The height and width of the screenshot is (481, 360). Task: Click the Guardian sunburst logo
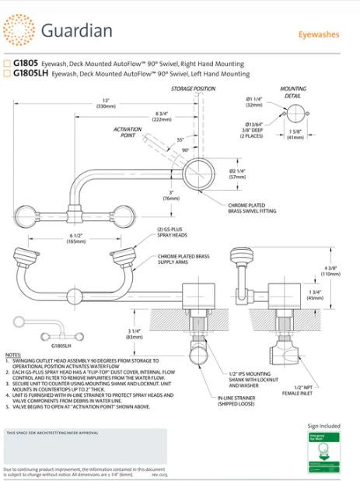coord(19,32)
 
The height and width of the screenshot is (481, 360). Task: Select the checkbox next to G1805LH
coord(8,74)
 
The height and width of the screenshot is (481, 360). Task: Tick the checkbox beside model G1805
coord(8,64)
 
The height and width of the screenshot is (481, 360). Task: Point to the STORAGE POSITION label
coord(193,90)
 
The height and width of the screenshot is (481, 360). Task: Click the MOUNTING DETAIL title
coord(293,93)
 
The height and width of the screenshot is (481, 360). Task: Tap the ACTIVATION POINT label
coord(128,132)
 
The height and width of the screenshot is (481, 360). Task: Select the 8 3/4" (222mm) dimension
coord(162,116)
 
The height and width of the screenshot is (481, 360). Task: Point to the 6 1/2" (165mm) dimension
coord(75,238)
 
